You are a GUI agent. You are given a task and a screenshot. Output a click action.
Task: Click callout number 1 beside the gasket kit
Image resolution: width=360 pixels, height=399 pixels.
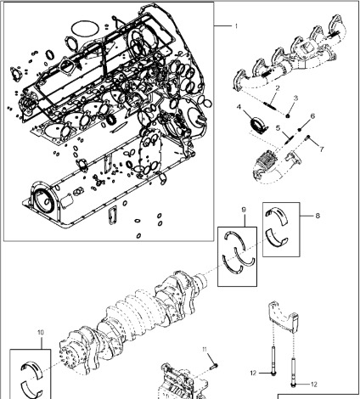tap(235, 26)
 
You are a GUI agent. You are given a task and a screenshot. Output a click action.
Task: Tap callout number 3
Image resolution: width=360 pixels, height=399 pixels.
tap(293, 98)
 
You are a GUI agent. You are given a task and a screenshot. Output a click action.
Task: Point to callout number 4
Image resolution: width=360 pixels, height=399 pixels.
tap(240, 107)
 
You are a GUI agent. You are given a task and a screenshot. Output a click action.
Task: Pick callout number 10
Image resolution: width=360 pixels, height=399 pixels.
tap(40, 333)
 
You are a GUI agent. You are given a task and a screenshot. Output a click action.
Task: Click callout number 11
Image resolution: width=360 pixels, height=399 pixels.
tap(204, 350)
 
